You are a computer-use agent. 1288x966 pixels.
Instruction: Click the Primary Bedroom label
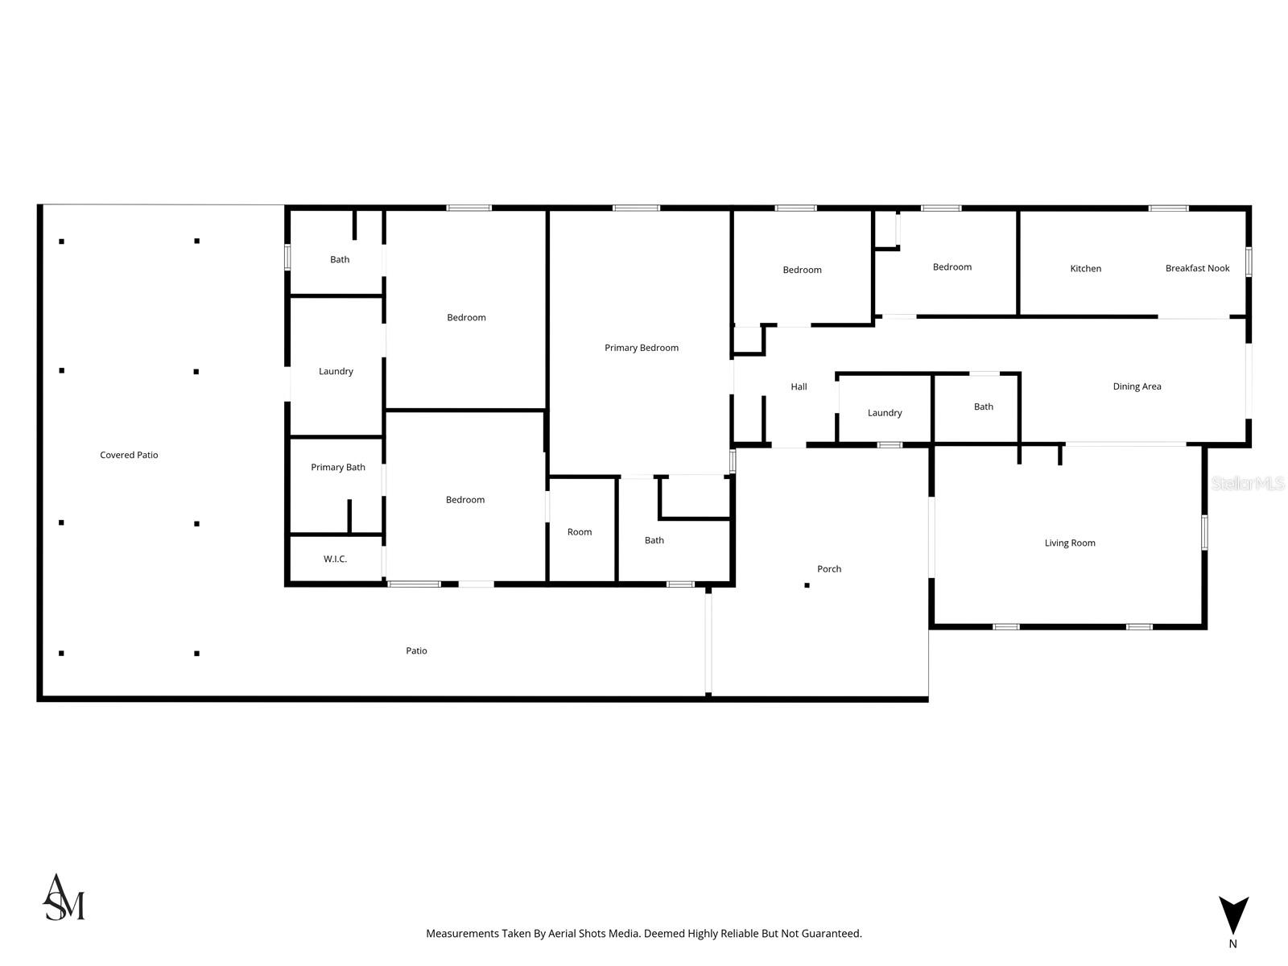point(641,348)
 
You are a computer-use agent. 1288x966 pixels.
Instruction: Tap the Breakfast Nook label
point(1197,268)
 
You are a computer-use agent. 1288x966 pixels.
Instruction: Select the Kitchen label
point(1085,268)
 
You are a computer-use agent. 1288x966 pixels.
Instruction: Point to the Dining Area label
point(1137,386)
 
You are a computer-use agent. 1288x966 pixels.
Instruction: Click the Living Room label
point(1070,543)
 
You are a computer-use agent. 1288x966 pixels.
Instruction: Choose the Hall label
point(799,386)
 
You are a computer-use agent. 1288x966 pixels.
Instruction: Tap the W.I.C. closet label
point(335,559)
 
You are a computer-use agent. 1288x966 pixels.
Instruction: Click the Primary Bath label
point(338,467)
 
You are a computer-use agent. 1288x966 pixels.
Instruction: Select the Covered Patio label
point(129,455)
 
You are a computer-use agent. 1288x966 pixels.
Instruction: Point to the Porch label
point(829,568)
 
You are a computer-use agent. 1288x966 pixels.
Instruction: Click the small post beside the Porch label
point(807,585)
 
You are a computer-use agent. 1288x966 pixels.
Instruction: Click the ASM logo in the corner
point(64,898)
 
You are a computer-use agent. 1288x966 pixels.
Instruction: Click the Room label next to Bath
point(580,531)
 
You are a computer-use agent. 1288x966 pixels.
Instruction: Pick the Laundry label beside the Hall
point(885,412)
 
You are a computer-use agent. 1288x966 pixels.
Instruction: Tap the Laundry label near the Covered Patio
point(336,371)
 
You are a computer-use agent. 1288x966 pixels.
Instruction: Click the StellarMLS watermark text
point(1248,483)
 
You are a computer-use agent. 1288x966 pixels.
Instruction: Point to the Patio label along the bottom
point(416,650)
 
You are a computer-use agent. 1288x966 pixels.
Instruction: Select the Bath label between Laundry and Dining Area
point(984,407)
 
